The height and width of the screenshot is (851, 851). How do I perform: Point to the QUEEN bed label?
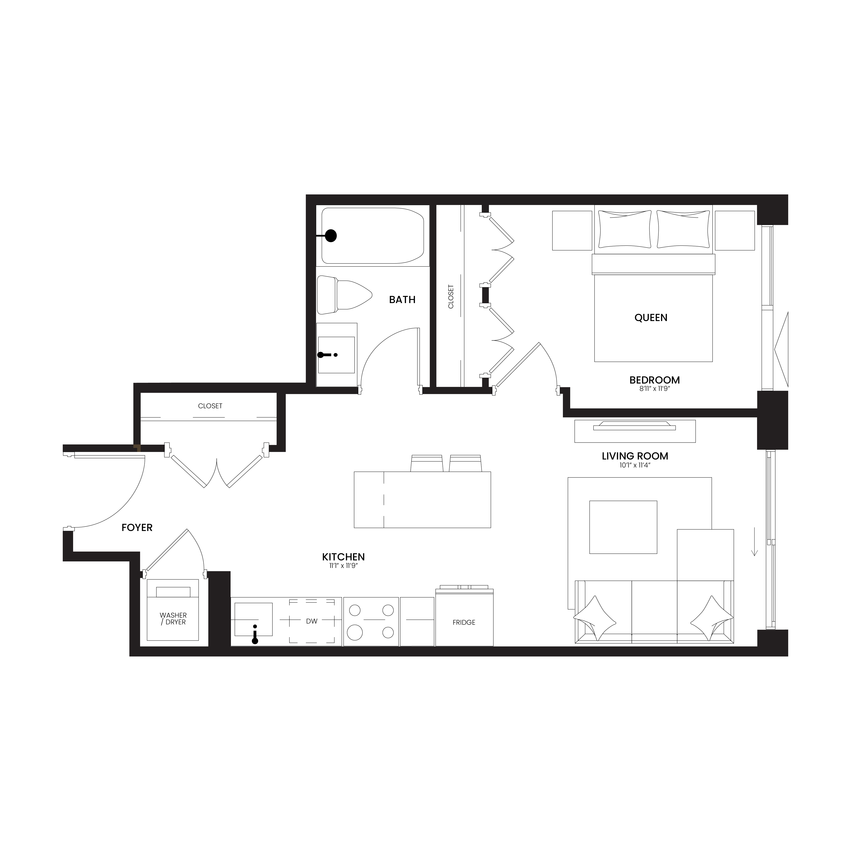click(x=651, y=318)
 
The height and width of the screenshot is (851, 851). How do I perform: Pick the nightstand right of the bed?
click(x=735, y=230)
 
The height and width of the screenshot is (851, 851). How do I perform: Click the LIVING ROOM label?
click(x=635, y=456)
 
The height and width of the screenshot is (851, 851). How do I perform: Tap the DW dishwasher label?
click(x=311, y=621)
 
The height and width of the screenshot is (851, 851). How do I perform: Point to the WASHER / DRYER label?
click(x=173, y=618)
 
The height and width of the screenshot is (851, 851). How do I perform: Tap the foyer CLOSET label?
click(x=210, y=406)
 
